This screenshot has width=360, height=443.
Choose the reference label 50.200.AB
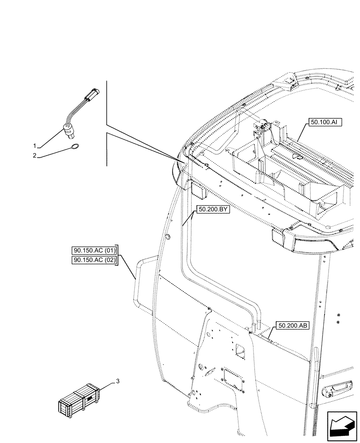[293, 326]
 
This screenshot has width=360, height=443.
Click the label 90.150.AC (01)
[94, 251]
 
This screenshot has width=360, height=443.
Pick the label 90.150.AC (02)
[94, 260]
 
